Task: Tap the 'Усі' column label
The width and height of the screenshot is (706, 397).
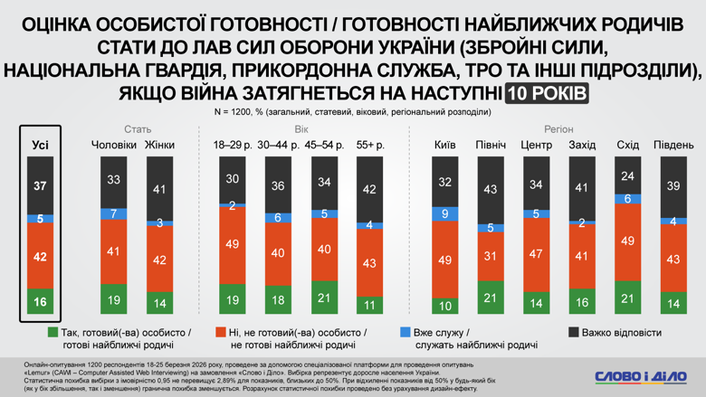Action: (40, 145)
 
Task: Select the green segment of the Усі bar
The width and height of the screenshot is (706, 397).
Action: (40, 302)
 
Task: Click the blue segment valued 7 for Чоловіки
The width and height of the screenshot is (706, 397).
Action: (113, 213)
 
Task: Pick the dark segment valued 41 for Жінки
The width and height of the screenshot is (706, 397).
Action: (159, 190)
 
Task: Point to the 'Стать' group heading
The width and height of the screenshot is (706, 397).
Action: (138, 129)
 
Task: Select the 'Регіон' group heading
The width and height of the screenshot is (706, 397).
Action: (558, 129)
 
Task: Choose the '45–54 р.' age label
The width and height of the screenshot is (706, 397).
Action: (325, 145)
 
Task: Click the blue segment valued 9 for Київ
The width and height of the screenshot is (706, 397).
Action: (444, 213)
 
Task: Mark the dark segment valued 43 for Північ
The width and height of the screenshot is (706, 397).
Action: (491, 190)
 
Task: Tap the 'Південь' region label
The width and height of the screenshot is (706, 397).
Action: (673, 145)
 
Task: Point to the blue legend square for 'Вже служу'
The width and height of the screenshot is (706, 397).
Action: (405, 333)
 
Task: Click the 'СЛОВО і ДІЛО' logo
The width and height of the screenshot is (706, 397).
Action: (639, 376)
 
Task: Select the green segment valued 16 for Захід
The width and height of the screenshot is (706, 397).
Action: (582, 303)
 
